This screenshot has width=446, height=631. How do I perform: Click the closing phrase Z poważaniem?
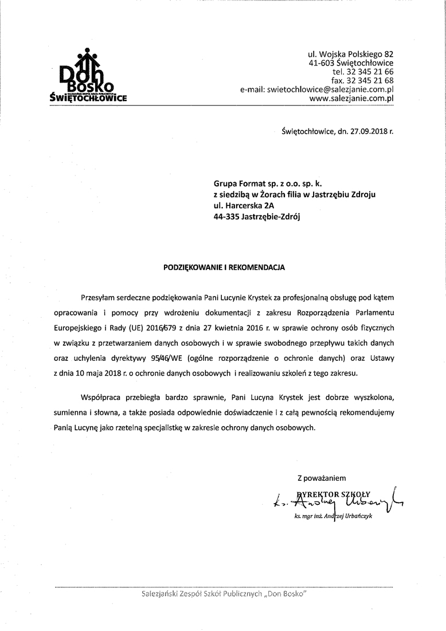(322, 477)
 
